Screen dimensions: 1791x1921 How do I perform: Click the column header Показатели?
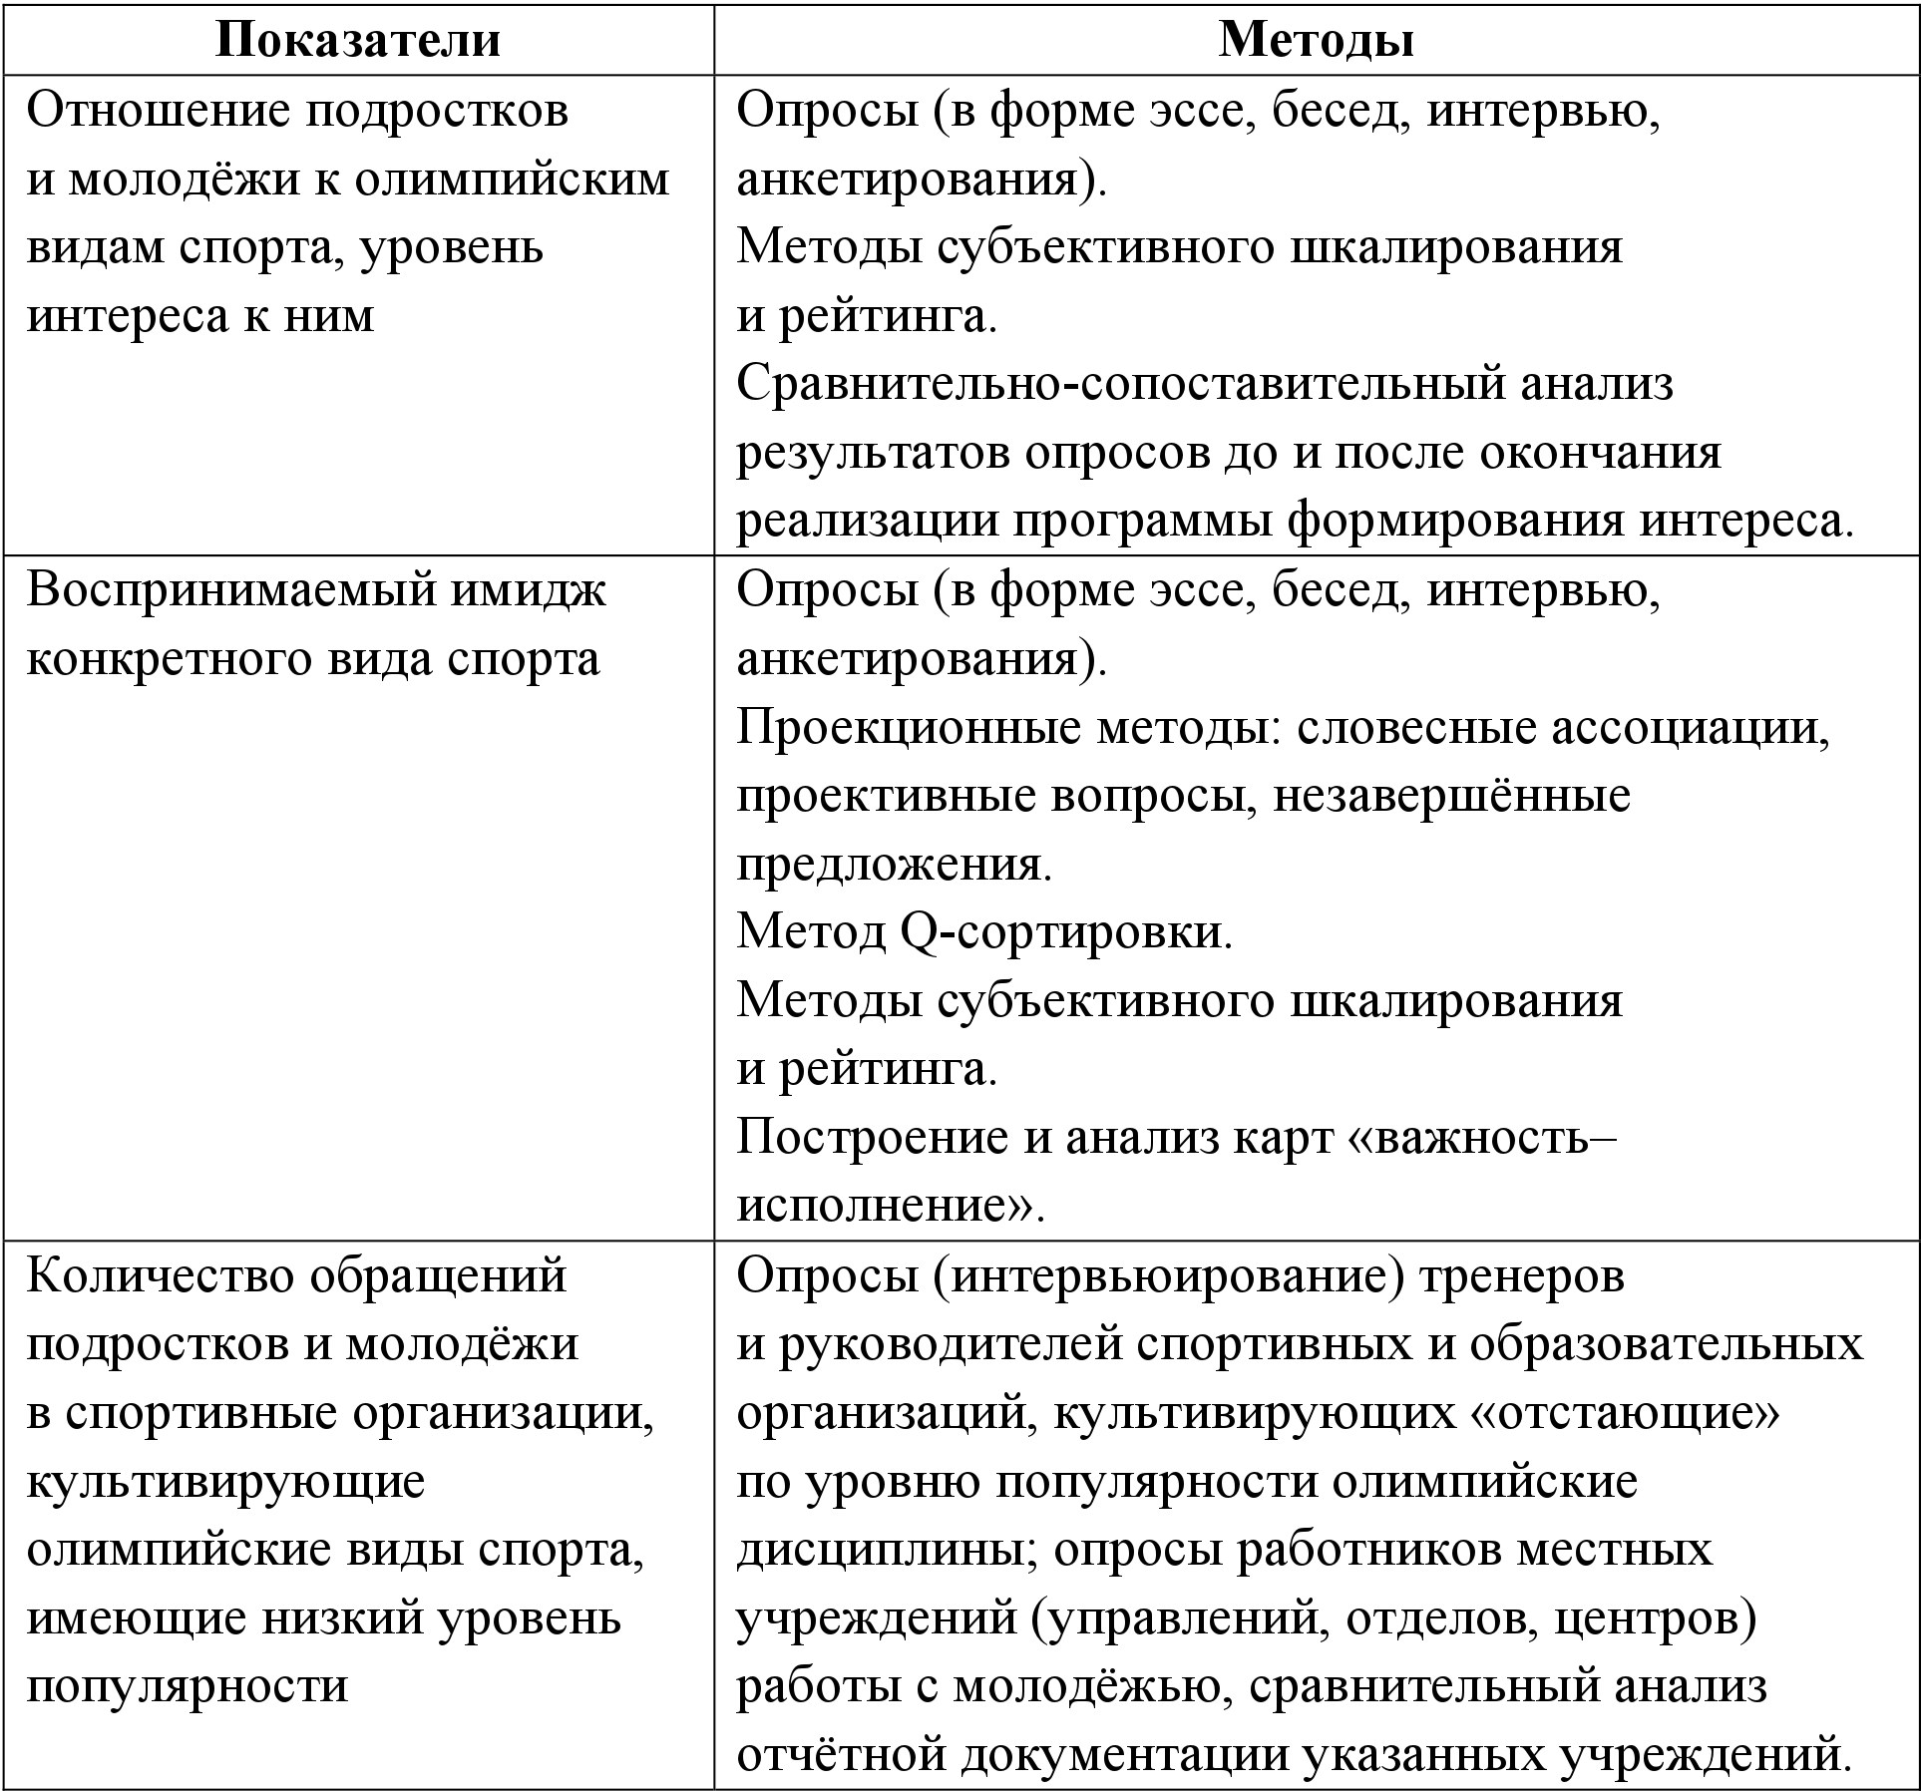358,40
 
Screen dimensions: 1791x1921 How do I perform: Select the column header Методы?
1316,40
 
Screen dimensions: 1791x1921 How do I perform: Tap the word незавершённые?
1452,796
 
